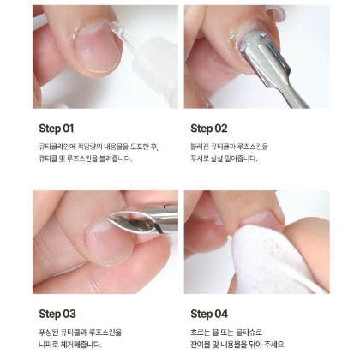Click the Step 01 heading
pyautogui.click(x=57, y=129)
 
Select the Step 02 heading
pyautogui.click(x=209, y=129)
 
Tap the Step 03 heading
pyautogui.click(x=57, y=314)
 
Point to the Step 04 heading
pyautogui.click(x=209, y=314)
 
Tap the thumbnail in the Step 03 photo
pyautogui.click(x=109, y=243)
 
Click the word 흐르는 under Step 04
pyautogui.click(x=200, y=333)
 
